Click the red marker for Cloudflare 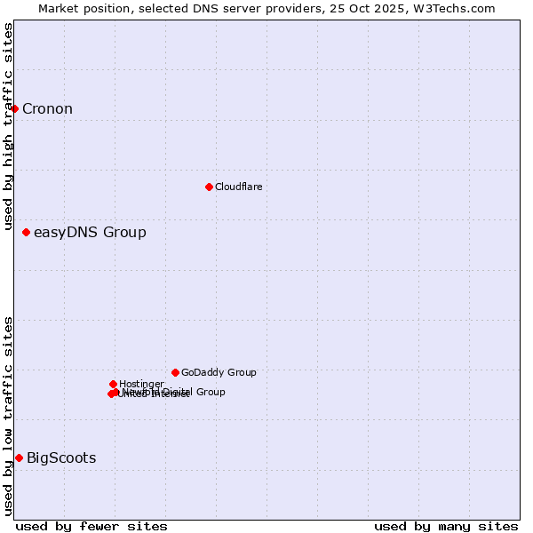pos(209,187)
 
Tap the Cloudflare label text pos(238,187)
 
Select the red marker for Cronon pos(15,108)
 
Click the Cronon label pos(47,109)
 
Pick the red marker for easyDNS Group pos(26,232)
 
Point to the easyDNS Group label pos(90,233)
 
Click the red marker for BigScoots pos(19,457)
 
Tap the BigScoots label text pos(61,458)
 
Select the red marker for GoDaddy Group pos(175,372)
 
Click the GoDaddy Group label pos(219,372)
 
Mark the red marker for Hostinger pos(113,384)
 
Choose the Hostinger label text pos(141,384)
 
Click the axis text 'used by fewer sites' pos(91,526)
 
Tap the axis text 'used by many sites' pos(446,526)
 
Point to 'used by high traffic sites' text pos(9,127)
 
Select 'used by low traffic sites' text pos(9,416)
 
